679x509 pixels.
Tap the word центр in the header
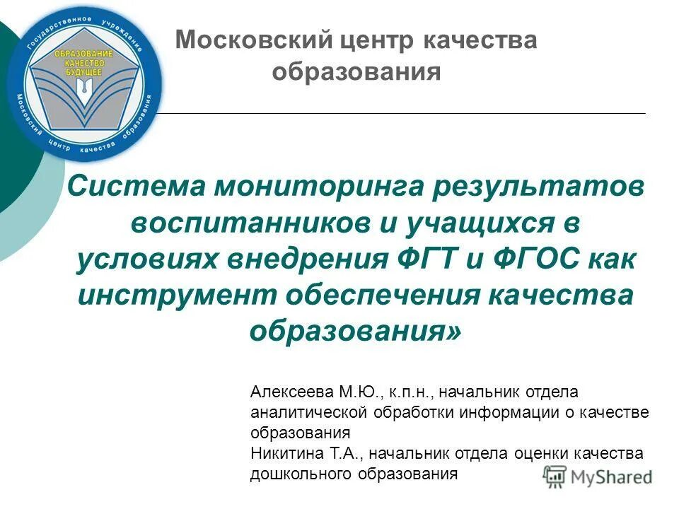(x=376, y=40)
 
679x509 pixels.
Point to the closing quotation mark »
(x=458, y=330)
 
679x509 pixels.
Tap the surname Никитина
(x=282, y=453)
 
